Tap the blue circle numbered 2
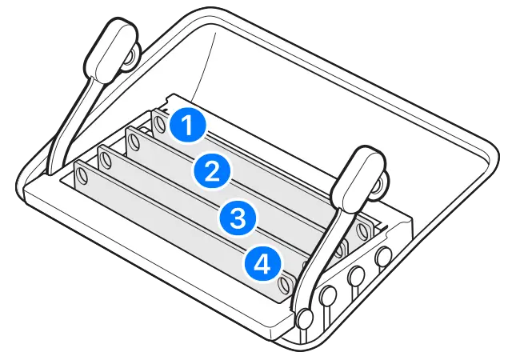[212, 170]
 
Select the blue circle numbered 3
[237, 215]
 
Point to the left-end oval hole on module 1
[160, 122]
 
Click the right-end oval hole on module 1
[363, 232]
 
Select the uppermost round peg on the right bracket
[382, 257]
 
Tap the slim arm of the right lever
[324, 248]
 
